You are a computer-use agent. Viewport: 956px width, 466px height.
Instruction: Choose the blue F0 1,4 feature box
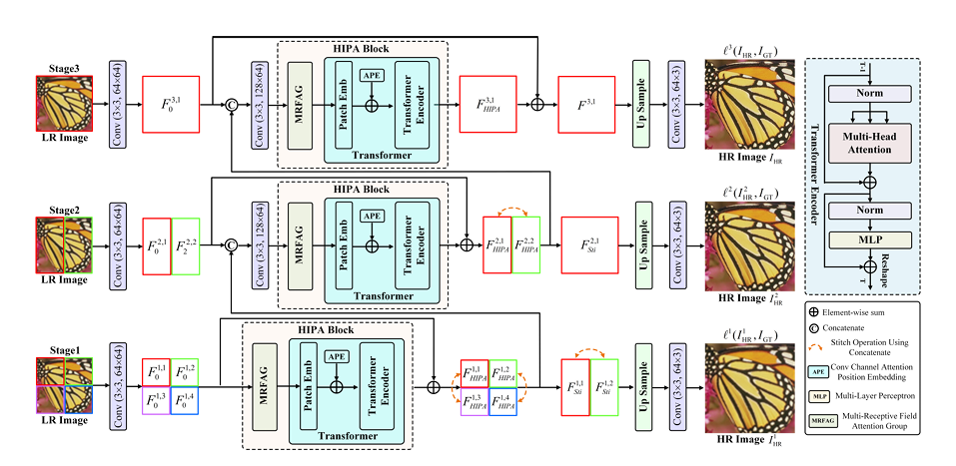[x=186, y=399]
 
